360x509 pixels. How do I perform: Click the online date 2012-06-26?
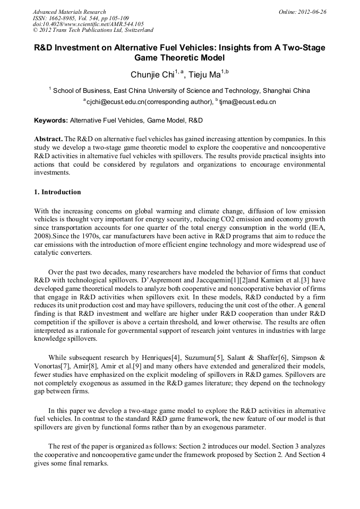[x=312, y=12]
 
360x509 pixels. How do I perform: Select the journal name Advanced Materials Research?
[x=69, y=12]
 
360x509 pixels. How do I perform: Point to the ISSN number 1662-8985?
[x=63, y=18]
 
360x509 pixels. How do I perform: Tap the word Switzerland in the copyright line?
[x=136, y=30]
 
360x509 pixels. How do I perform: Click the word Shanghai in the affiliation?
[x=276, y=91]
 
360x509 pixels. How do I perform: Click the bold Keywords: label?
[x=51, y=120]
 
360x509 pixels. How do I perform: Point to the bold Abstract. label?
[x=48, y=139]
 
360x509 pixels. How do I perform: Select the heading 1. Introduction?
[x=57, y=192]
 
